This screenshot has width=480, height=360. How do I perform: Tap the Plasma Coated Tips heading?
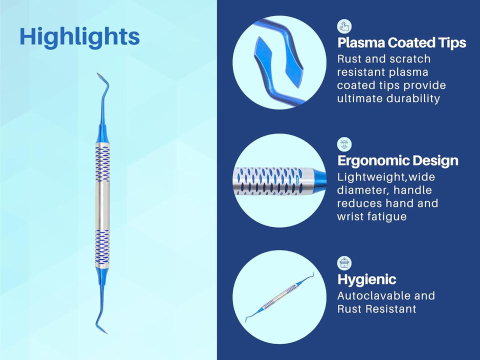(x=401, y=42)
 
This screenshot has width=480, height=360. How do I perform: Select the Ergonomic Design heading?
(x=397, y=160)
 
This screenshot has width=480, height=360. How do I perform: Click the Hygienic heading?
(x=366, y=279)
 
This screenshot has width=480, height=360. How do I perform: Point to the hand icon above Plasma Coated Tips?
(x=344, y=26)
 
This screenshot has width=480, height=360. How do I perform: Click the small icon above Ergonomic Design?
(x=344, y=144)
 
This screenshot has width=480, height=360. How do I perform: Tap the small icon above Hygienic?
(x=344, y=263)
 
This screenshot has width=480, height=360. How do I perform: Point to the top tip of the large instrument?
(x=97, y=73)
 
